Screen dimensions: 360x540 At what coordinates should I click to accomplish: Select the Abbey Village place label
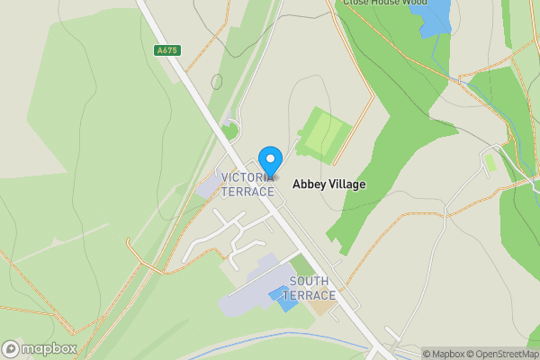click(x=329, y=184)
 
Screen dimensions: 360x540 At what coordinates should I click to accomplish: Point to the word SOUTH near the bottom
click(x=309, y=281)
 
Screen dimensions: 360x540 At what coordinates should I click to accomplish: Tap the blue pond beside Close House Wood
click(x=435, y=16)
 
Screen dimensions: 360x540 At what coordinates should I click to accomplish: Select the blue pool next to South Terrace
click(x=286, y=298)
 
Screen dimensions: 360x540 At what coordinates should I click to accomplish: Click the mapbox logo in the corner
click(x=40, y=348)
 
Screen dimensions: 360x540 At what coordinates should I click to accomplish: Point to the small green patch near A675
click(x=230, y=132)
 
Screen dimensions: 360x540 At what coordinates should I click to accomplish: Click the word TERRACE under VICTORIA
click(x=247, y=192)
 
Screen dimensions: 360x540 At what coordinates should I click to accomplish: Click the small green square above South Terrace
click(x=304, y=265)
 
